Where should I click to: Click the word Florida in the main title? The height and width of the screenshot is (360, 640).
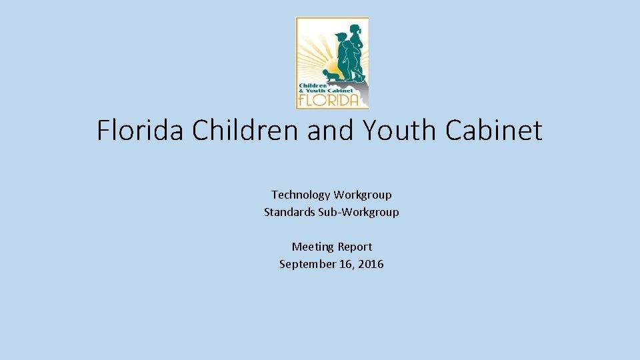pyautogui.click(x=141, y=130)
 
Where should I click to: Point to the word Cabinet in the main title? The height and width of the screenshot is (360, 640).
pyautogui.click(x=494, y=130)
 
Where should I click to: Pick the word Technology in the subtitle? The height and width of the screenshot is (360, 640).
pyautogui.click(x=301, y=195)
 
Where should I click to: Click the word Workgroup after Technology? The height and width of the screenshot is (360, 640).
pyautogui.click(x=363, y=195)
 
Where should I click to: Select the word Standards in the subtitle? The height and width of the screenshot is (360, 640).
pyautogui.click(x=287, y=212)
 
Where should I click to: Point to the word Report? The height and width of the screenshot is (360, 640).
pyautogui.click(x=355, y=247)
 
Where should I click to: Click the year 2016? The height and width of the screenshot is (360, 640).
pyautogui.click(x=371, y=264)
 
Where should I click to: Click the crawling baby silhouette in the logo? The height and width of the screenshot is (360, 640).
pyautogui.click(x=331, y=75)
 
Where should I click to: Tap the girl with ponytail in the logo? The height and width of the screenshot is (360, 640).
pyautogui.click(x=357, y=50)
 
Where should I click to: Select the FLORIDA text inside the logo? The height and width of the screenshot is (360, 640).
pyautogui.click(x=331, y=100)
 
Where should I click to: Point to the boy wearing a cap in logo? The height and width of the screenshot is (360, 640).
pyautogui.click(x=343, y=53)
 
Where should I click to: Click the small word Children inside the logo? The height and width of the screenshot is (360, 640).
pyautogui.click(x=312, y=86)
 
